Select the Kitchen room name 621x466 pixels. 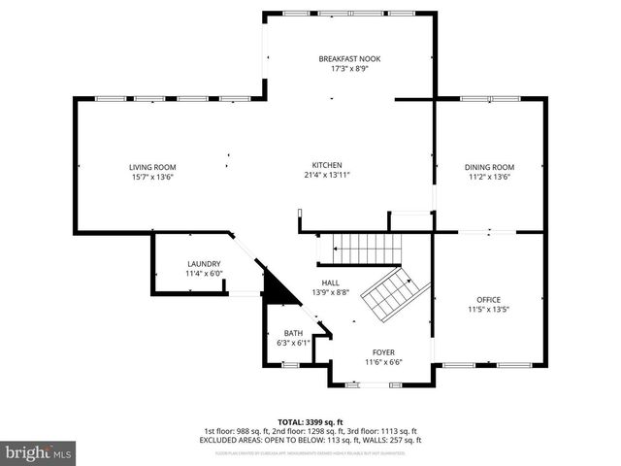point(326,165)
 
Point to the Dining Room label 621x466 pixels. point(489,167)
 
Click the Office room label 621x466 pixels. point(488,299)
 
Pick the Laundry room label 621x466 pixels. point(204,264)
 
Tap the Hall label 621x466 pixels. point(330,282)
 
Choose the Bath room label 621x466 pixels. point(293,333)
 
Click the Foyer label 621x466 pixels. point(383,352)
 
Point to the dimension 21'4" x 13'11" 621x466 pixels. point(326,176)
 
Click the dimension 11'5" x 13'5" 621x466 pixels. point(488,310)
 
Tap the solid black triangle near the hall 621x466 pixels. point(277,289)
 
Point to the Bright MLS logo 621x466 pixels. point(39,452)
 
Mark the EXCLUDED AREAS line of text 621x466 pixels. point(310,440)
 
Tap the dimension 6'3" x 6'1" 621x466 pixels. point(293,343)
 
